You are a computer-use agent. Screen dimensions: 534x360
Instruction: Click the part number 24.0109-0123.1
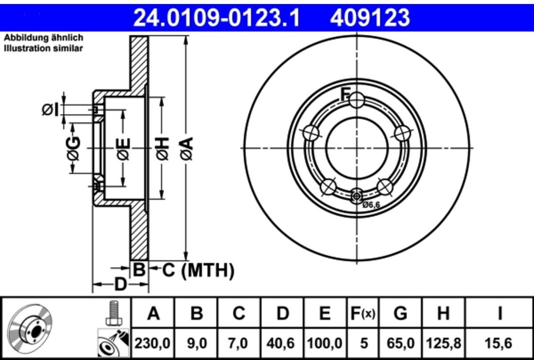coord(216,18)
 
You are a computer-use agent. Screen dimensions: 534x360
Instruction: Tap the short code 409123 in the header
coord(370,18)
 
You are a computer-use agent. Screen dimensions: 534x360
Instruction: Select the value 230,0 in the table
coord(153,344)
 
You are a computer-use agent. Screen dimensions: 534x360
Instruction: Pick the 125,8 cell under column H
coord(443,344)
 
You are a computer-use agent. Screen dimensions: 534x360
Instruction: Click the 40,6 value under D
coord(281,344)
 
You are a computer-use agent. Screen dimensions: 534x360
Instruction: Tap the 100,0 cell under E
coord(325,344)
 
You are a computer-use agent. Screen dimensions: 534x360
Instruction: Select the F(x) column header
coord(363,313)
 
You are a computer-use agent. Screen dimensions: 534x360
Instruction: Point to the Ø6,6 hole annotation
coord(372,205)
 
